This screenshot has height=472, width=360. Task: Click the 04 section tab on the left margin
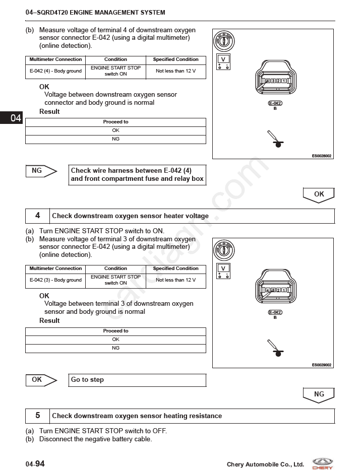click(12, 118)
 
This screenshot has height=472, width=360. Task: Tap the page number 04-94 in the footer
click(35, 464)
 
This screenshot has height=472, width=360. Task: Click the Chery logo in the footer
click(322, 463)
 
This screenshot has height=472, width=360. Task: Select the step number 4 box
click(38, 216)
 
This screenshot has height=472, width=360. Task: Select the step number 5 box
click(38, 416)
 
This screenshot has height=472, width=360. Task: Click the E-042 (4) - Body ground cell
click(55, 71)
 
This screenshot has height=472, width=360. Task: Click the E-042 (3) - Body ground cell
click(55, 280)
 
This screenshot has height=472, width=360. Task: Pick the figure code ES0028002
click(322, 156)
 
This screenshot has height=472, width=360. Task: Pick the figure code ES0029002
click(322, 365)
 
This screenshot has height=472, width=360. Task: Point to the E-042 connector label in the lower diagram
click(275, 312)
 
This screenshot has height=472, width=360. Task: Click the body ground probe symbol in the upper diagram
click(276, 141)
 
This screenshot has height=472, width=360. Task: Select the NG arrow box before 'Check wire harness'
click(40, 171)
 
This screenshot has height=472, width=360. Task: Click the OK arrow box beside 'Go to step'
click(40, 380)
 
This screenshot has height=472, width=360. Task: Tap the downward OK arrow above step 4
click(319, 195)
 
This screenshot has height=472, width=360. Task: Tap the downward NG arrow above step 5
click(319, 395)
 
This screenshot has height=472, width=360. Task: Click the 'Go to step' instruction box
click(137, 380)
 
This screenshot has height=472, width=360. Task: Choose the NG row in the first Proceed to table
click(115, 139)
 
